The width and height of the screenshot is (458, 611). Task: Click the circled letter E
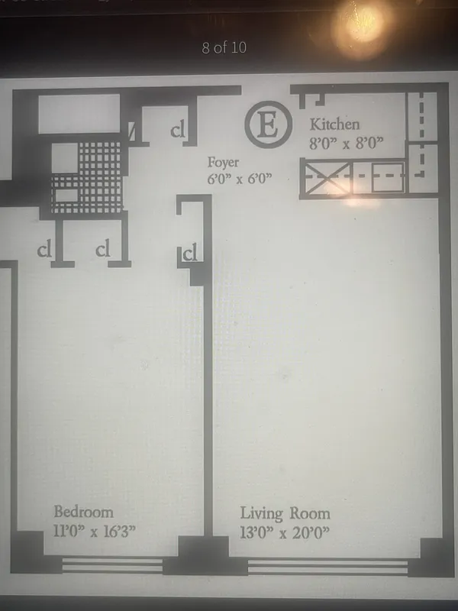(x=268, y=126)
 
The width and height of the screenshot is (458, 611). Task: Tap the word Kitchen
(x=334, y=124)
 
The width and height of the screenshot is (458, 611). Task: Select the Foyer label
(x=224, y=163)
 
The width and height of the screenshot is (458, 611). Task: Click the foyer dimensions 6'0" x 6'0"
(x=240, y=179)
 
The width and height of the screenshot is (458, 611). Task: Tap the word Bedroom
(x=82, y=512)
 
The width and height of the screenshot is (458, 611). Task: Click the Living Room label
(x=285, y=513)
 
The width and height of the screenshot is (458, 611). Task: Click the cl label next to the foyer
(x=179, y=131)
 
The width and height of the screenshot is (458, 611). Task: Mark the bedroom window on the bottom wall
(x=111, y=565)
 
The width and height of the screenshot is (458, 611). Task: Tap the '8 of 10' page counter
(x=224, y=48)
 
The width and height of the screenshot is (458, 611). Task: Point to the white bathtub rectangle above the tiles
(x=79, y=114)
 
